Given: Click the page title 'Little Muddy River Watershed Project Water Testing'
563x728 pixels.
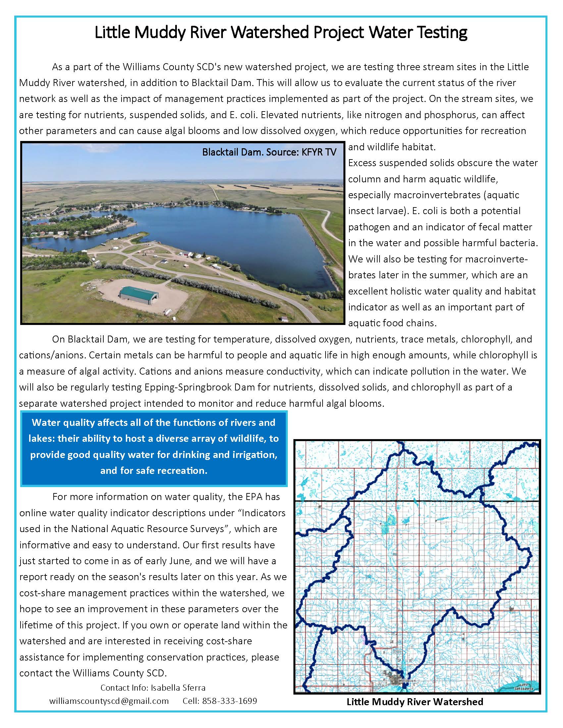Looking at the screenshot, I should (281, 33).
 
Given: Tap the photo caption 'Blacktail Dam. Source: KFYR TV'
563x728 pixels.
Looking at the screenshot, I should (269, 152).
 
